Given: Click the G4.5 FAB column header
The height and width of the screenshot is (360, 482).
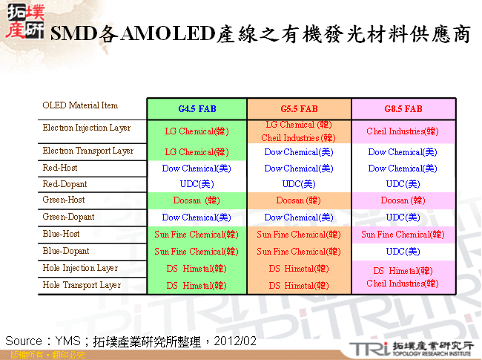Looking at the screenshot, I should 197,108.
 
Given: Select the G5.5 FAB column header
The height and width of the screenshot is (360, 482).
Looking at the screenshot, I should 299,108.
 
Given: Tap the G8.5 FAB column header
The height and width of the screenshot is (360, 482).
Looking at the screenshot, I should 403,108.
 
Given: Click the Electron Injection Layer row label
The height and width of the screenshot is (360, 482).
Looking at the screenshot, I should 86,128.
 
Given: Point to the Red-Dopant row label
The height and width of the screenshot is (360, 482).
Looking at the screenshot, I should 65,184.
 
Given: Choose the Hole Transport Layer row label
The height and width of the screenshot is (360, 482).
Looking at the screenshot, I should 82,285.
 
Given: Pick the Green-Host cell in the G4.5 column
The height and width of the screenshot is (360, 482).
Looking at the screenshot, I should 197,200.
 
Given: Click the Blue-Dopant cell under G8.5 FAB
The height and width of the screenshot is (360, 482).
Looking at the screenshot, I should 403,252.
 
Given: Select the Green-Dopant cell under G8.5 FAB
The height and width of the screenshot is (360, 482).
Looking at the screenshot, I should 403,217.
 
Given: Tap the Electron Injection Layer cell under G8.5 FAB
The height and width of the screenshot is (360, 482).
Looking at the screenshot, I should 403,131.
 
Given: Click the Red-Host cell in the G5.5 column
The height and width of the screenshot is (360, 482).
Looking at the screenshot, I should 299,168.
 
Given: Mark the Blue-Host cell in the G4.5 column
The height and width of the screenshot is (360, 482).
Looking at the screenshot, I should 197,235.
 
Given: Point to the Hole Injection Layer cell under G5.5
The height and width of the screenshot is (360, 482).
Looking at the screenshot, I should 299,269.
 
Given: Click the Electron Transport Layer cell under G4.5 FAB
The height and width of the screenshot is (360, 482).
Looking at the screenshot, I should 197,152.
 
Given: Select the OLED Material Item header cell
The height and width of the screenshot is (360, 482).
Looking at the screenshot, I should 80,105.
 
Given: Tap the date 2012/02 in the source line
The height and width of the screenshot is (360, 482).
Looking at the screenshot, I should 236,341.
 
